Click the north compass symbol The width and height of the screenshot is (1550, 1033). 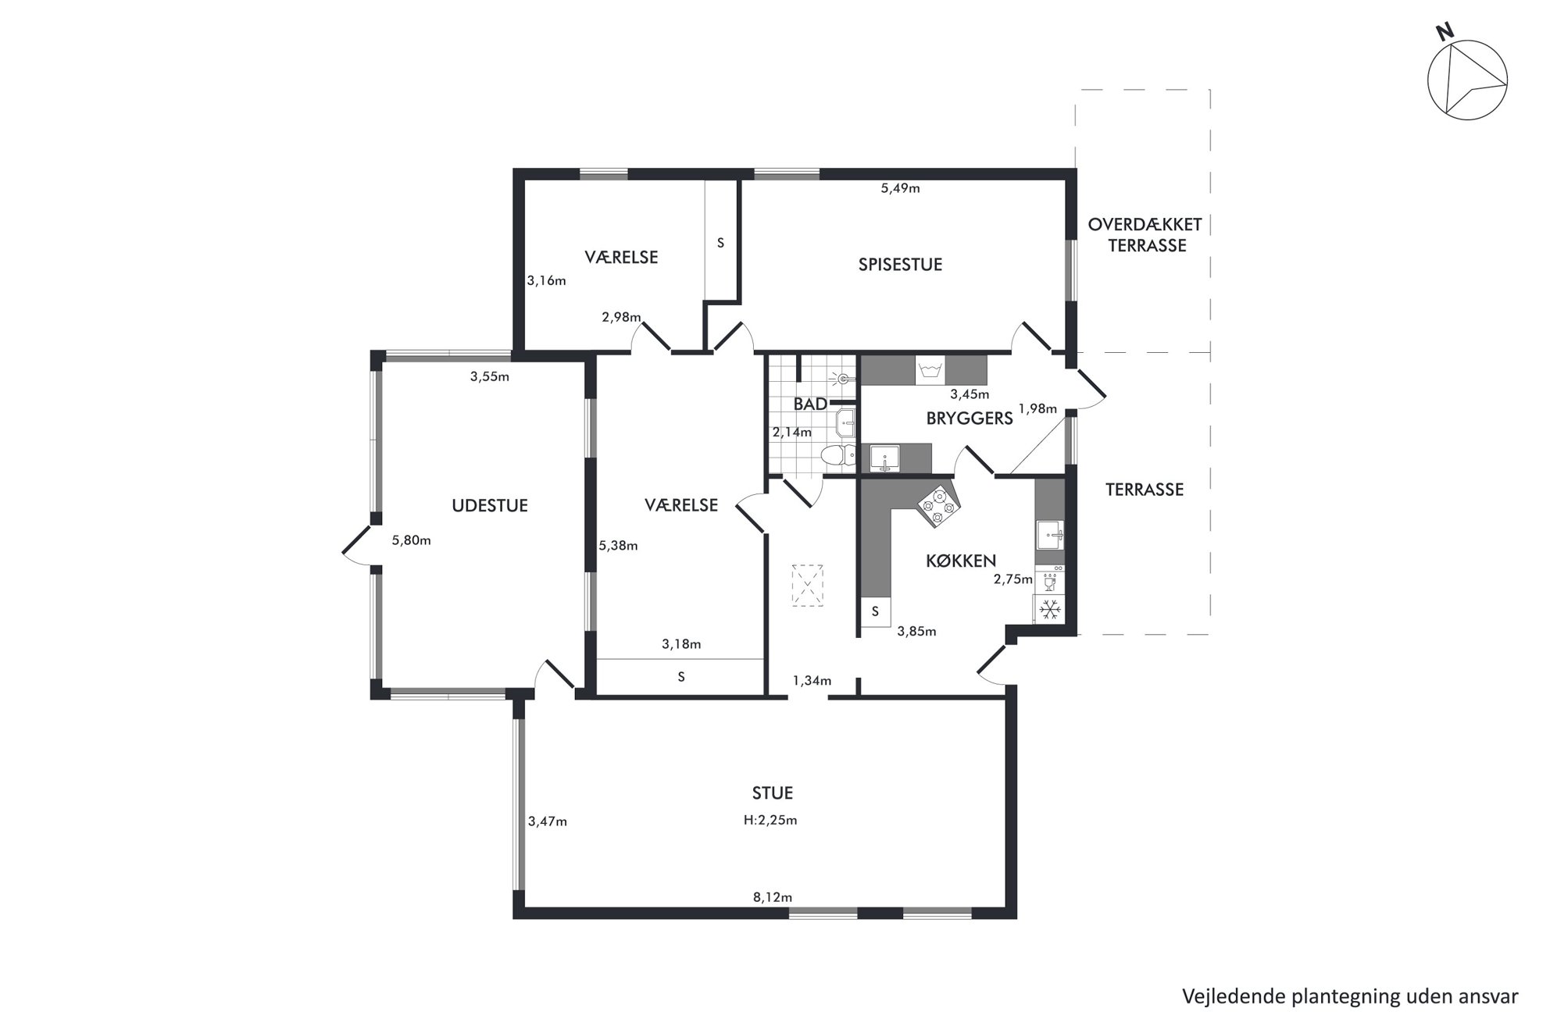(1467, 80)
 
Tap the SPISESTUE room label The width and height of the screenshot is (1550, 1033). (900, 265)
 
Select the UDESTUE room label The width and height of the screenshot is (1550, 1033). (490, 506)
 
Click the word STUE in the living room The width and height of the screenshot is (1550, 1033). (773, 793)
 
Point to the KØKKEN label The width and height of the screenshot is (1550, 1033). (961, 561)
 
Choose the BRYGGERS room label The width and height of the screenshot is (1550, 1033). (970, 419)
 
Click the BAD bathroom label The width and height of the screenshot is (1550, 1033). (810, 404)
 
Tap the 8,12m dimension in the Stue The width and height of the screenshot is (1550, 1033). (773, 897)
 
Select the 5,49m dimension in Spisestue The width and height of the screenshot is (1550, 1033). (900, 188)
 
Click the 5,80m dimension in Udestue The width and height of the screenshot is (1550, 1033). (411, 540)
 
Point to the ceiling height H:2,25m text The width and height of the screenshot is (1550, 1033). (770, 820)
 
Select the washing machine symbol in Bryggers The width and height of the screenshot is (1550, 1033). (930, 370)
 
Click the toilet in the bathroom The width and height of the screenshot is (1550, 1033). (838, 455)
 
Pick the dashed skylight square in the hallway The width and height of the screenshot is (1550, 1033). (808, 585)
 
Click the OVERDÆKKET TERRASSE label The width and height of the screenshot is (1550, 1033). (1145, 235)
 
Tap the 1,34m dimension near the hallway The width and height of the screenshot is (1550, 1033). (812, 681)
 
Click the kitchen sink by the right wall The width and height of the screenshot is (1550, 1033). (1050, 535)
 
